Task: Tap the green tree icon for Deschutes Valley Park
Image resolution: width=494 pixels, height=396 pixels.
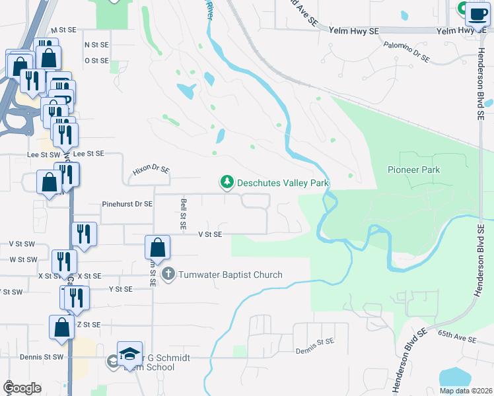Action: coord(227,181)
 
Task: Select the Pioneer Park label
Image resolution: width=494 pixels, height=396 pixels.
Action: coord(413,170)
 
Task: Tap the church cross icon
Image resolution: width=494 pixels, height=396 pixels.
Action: coord(168,274)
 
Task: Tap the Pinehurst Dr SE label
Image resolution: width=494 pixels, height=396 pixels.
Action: coord(127,205)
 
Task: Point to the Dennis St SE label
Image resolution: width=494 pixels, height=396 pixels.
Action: coord(315,343)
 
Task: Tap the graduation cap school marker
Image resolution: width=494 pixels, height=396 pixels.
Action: coord(129,354)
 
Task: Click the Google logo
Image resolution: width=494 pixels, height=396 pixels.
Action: coord(21,388)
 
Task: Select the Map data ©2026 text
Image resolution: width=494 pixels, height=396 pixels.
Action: coord(466,391)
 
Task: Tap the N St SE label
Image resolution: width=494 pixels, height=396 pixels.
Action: coord(96,44)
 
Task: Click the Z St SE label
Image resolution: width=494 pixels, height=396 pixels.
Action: coord(88,324)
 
